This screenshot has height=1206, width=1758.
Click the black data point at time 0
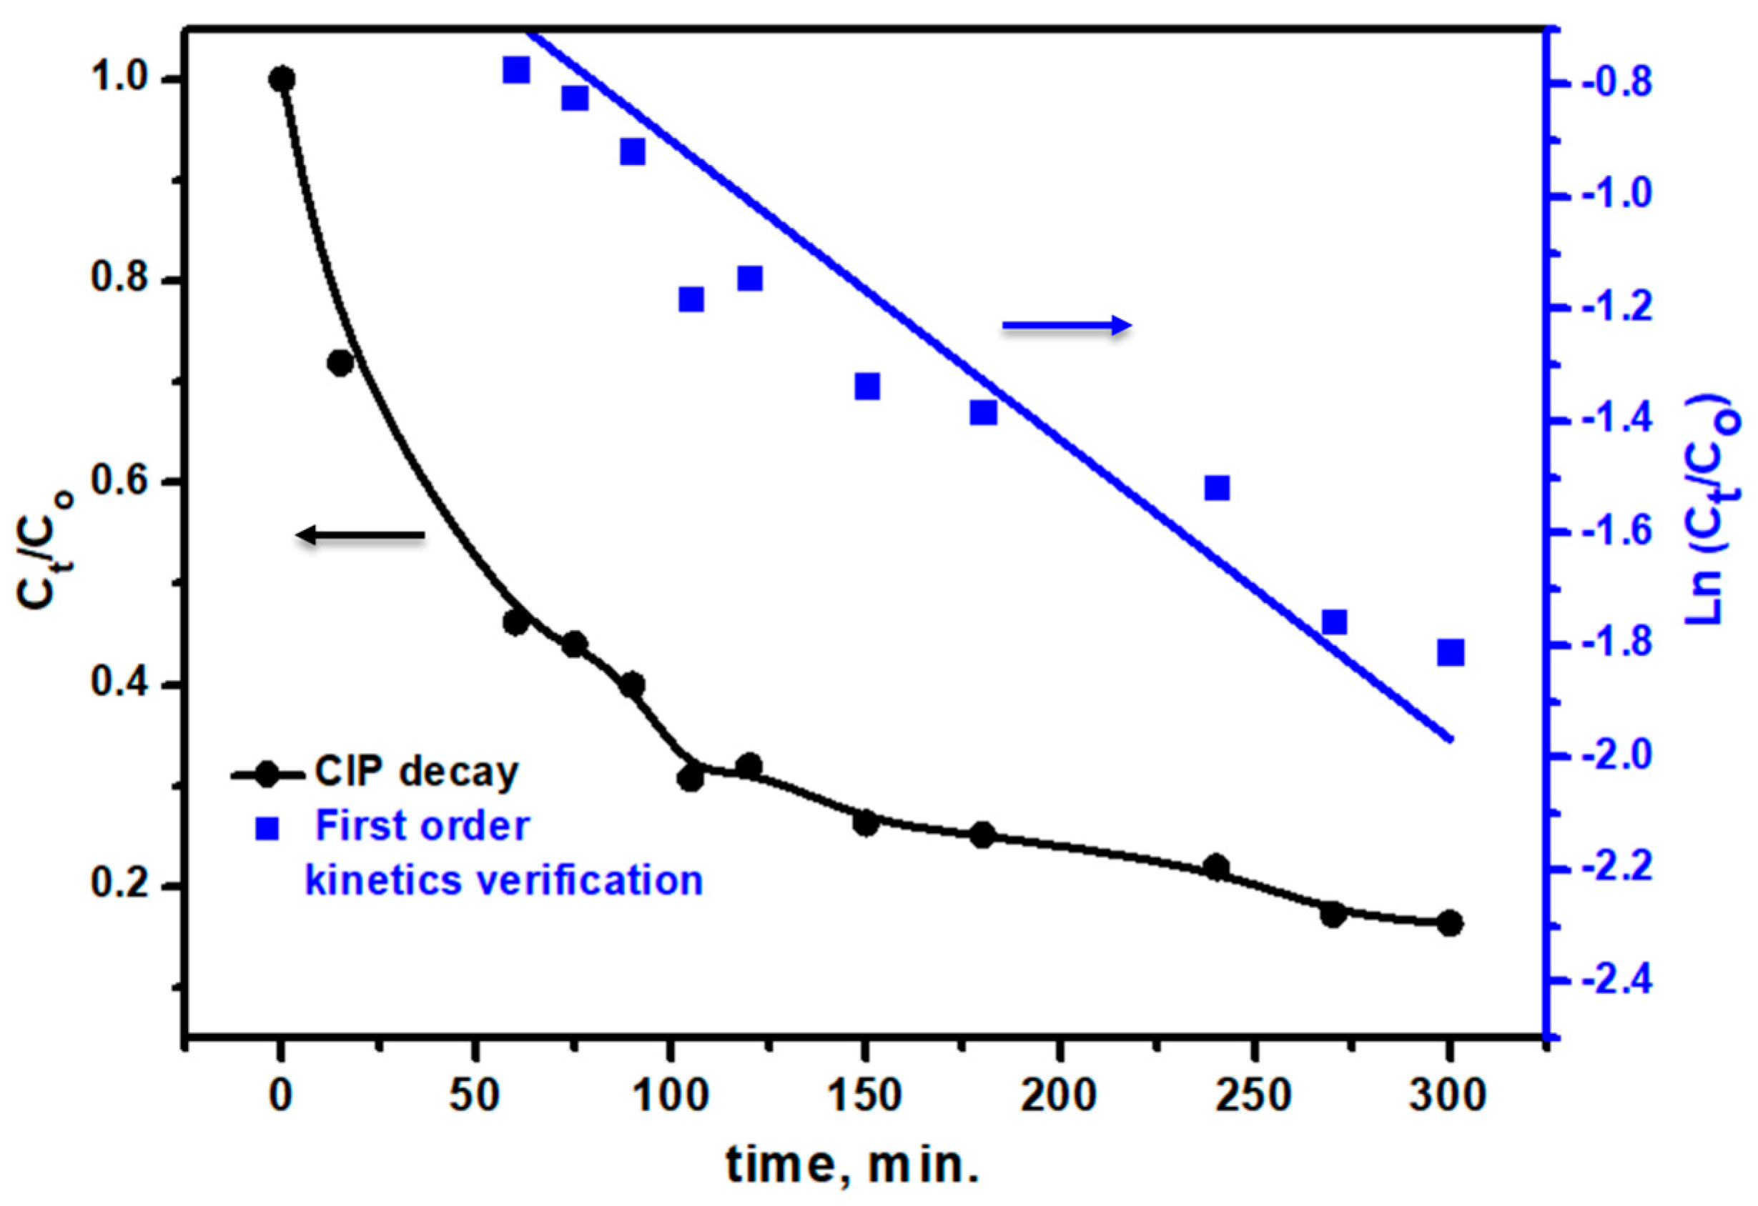point(282,79)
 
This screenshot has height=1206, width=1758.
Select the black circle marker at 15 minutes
point(340,363)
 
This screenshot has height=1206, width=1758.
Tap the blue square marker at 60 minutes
point(516,70)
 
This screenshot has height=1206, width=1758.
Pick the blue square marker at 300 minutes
point(1450,652)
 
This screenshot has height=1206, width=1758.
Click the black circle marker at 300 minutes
point(1449,923)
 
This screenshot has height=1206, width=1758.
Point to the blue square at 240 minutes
point(1216,488)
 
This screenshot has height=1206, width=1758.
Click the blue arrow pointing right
point(1067,326)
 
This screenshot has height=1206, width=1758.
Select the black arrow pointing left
point(360,535)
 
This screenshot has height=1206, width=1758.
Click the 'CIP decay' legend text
point(417,772)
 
